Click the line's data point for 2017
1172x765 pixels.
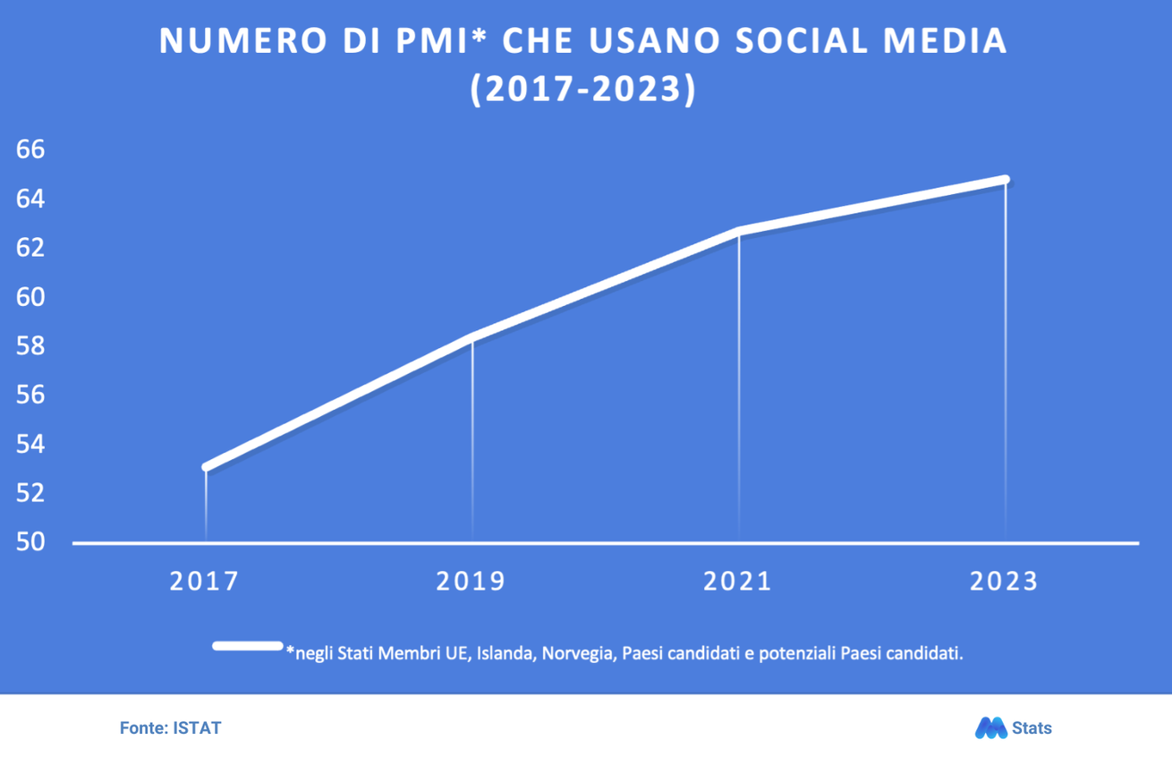click(x=207, y=466)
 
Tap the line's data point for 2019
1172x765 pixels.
click(x=472, y=336)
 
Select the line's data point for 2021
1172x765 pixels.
click(x=739, y=231)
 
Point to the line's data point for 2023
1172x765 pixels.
click(x=1006, y=180)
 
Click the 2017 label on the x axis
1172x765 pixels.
click(x=205, y=581)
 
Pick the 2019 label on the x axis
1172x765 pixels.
click(x=471, y=581)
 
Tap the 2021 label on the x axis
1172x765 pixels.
click(x=737, y=581)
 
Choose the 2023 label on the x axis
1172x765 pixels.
click(x=1004, y=581)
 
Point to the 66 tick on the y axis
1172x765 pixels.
click(x=30, y=149)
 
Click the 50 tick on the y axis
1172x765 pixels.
click(x=30, y=542)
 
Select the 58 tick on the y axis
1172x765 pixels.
click(x=30, y=345)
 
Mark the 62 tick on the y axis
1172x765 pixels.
click(x=30, y=247)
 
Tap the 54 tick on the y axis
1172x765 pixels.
click(x=30, y=444)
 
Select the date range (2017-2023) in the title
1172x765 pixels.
click(x=583, y=90)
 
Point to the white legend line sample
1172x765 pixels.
click(x=248, y=646)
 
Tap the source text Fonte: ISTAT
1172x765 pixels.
click(x=170, y=728)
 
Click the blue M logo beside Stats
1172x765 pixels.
click(x=990, y=728)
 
